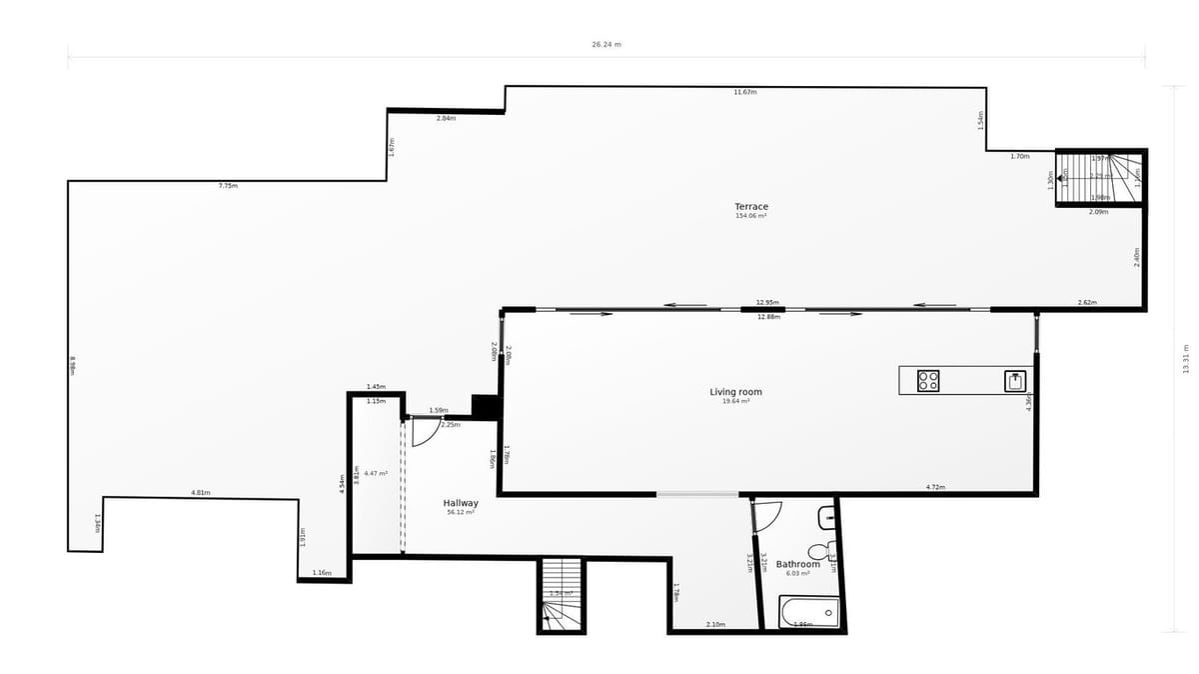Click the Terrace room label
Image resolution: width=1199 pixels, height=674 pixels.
751,207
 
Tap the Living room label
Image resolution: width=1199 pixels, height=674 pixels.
735,392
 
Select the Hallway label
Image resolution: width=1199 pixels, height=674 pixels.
461,503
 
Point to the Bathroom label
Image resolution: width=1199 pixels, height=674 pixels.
797,564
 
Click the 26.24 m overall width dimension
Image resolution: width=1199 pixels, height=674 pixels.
606,45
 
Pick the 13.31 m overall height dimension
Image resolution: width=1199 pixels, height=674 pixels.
1185,358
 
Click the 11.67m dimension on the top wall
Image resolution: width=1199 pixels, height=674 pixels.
745,92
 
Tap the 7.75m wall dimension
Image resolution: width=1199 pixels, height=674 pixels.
228,186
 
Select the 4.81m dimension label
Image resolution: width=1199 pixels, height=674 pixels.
201,492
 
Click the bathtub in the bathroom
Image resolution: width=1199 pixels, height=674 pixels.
809,612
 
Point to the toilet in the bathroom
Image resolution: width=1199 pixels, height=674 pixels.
822,551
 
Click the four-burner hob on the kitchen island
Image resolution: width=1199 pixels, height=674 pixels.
928,380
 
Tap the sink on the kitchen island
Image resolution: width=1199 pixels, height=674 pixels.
1016,380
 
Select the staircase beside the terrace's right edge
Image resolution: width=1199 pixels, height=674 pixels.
1100,177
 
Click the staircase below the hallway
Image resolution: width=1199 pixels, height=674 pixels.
562,595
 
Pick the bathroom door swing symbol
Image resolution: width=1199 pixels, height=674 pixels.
766,515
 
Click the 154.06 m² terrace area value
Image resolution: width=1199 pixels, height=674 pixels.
751,216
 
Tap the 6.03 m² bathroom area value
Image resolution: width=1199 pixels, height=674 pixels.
797,573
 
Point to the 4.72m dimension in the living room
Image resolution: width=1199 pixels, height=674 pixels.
935,487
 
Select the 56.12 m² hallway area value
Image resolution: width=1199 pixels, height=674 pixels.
461,512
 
